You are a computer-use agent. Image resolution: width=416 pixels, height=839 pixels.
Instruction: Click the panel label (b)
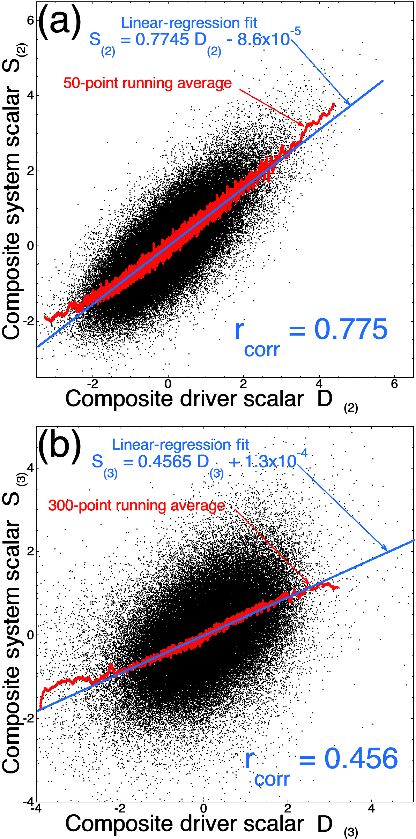[x=59, y=445]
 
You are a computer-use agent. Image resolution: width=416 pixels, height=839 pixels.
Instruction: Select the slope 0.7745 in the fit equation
[x=162, y=39]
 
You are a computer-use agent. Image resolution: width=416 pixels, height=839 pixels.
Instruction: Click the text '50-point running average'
[x=147, y=83]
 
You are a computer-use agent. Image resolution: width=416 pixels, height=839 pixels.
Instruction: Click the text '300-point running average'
[x=136, y=505]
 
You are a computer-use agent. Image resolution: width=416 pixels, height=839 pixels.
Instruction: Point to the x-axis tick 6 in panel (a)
[x=394, y=384]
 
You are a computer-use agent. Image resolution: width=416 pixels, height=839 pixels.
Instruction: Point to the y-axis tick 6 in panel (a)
[x=30, y=20]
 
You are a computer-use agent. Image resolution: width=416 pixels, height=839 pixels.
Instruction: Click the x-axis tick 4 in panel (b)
[x=371, y=808]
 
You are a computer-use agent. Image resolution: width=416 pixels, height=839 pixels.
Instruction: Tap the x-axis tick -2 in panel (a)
[x=92, y=384]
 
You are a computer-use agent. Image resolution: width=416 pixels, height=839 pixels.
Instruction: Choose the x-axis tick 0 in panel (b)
[x=203, y=808]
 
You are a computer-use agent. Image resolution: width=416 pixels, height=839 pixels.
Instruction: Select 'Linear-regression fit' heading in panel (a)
[x=189, y=23]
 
